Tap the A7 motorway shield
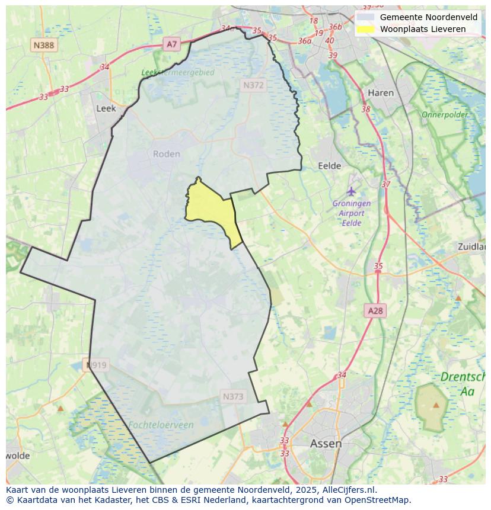(x=172, y=44)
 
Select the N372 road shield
(x=253, y=85)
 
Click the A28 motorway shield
(x=375, y=310)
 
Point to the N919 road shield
(x=96, y=365)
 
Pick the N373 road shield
(x=233, y=396)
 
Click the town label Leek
(x=106, y=108)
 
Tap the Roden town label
(x=166, y=154)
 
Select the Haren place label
(x=381, y=93)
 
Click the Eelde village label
(x=330, y=166)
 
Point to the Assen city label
(x=326, y=443)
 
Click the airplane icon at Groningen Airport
(x=352, y=191)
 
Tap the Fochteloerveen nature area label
(x=160, y=425)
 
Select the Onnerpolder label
(x=445, y=114)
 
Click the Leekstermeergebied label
(x=177, y=72)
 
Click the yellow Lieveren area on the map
(x=211, y=207)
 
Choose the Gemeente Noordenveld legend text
(x=428, y=17)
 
